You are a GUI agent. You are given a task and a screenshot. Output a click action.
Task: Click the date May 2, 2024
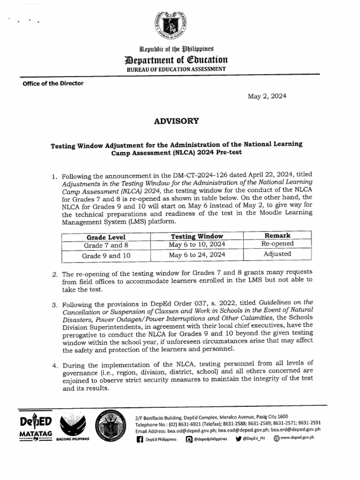click(x=267, y=96)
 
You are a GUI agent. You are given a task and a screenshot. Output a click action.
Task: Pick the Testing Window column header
click(x=197, y=236)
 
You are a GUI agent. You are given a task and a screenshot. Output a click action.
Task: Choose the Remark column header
click(x=277, y=235)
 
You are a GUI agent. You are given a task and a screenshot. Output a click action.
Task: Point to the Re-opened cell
click(x=277, y=244)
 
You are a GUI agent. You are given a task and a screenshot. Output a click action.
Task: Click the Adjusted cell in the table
click(x=277, y=254)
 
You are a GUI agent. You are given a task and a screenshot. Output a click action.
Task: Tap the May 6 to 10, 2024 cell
click(x=197, y=245)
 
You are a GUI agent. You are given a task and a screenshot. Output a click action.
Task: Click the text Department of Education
click(x=173, y=60)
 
